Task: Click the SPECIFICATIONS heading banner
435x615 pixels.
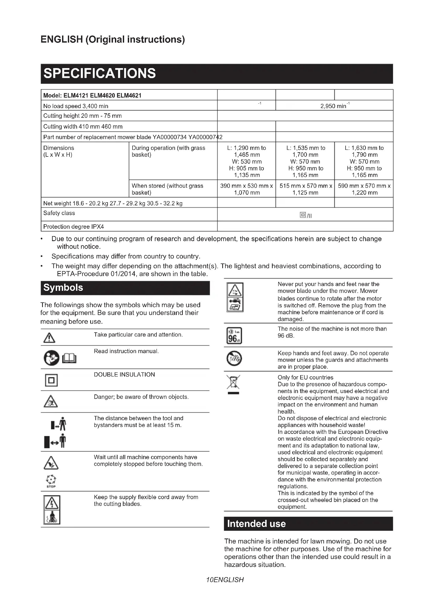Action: (x=217, y=74)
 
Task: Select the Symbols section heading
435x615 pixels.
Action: (x=125, y=288)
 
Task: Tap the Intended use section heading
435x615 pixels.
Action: (x=308, y=524)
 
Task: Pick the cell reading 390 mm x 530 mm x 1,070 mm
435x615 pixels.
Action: (x=246, y=189)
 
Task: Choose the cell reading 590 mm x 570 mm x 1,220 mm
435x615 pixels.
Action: (x=364, y=189)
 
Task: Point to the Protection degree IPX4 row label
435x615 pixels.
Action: (x=74, y=227)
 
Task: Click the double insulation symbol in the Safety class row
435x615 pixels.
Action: (x=303, y=215)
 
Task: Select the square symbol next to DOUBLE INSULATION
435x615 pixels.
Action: (x=51, y=380)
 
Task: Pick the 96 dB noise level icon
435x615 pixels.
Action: (x=234, y=336)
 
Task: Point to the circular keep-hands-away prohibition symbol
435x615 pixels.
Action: (x=234, y=359)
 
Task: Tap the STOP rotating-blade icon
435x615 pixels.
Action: (x=51, y=481)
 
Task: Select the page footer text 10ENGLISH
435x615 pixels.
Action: (x=225, y=580)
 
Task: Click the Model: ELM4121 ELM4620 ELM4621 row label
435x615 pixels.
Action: (x=92, y=95)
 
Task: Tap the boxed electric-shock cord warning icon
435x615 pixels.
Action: (x=52, y=510)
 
